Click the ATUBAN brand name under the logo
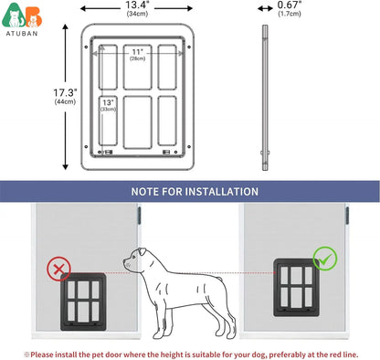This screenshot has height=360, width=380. (19, 38)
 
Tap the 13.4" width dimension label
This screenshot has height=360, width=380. (139, 5)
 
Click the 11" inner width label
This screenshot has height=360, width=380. (137, 51)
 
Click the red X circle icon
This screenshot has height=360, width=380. (60, 268)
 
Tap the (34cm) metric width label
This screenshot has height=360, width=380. (139, 15)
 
